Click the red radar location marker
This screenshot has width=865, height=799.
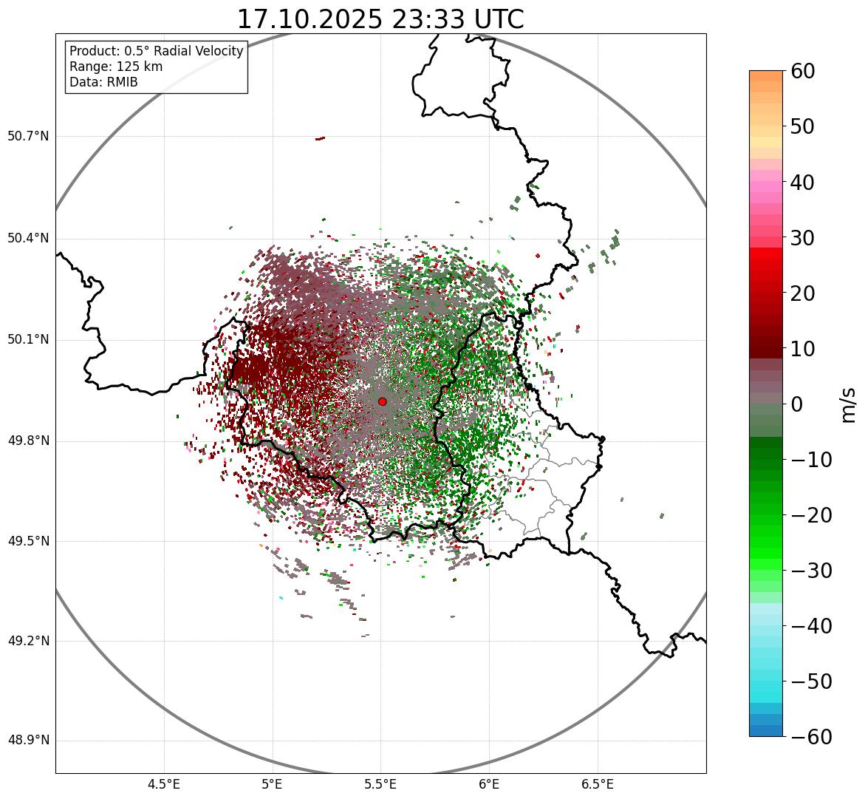382,401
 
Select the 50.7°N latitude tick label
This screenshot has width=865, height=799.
28,136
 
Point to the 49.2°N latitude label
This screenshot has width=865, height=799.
28,640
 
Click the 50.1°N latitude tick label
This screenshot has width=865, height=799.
28,339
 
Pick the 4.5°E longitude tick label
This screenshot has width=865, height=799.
164,784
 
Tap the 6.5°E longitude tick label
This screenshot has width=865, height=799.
597,784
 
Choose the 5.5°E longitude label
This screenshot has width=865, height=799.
380,784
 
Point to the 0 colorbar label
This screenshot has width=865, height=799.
797,404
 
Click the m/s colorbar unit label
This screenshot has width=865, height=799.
849,404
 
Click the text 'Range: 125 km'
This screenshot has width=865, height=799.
116,67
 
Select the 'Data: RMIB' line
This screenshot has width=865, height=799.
103,82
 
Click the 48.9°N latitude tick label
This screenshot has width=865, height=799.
28,740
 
